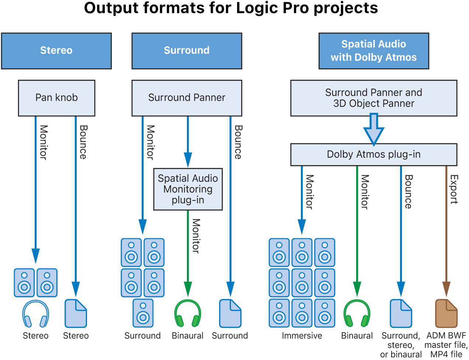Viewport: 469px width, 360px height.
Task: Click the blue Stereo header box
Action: [56, 51]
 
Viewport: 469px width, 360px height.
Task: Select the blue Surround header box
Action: [187, 51]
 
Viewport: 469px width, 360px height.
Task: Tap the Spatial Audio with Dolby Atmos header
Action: [374, 51]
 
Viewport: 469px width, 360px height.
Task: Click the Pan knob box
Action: [56, 98]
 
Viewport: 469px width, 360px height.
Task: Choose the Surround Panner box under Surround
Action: [187, 98]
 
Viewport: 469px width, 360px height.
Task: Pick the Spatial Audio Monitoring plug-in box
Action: [188, 189]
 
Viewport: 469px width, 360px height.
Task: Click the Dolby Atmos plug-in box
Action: [374, 155]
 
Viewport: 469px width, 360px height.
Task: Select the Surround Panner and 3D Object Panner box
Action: [374, 98]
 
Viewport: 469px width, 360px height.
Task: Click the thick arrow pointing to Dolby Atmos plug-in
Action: [374, 129]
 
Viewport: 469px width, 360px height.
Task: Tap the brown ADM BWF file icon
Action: [446, 314]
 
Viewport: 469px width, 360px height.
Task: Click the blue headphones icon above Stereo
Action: [35, 314]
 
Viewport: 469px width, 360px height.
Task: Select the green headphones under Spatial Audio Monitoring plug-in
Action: [188, 314]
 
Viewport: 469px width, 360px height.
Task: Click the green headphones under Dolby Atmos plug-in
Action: [357, 314]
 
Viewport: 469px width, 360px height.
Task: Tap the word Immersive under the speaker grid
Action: [302, 336]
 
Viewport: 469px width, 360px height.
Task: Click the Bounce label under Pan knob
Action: [83, 142]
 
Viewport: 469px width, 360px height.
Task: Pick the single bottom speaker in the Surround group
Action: [143, 314]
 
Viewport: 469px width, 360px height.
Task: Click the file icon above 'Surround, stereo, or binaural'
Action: [401, 314]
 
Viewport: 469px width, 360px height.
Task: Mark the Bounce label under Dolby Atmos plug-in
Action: [409, 191]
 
